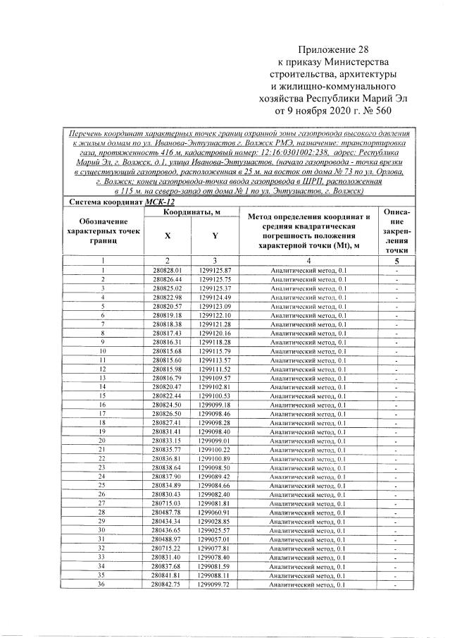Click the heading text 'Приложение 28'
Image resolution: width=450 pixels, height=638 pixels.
point(328,48)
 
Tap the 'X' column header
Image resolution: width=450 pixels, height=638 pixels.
point(167,237)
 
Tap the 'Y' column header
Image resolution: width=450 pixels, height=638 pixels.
point(215,237)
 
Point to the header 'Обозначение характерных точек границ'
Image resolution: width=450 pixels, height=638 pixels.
point(103,231)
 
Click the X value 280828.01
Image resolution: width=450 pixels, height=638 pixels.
point(167,270)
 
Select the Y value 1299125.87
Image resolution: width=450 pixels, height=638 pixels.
point(215,270)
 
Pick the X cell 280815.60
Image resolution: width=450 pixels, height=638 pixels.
point(167,360)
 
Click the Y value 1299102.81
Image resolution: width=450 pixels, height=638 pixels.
point(215,386)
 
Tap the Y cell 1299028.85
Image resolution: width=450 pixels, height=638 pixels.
point(215,520)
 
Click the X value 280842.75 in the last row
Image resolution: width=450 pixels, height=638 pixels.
point(167,584)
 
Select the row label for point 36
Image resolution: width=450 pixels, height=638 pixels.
point(103,584)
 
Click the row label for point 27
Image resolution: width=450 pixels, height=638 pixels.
point(103,503)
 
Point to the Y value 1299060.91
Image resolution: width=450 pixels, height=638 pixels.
point(215,512)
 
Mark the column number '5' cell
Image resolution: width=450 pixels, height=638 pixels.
point(397,260)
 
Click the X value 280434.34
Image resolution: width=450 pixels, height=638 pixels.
point(167,520)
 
